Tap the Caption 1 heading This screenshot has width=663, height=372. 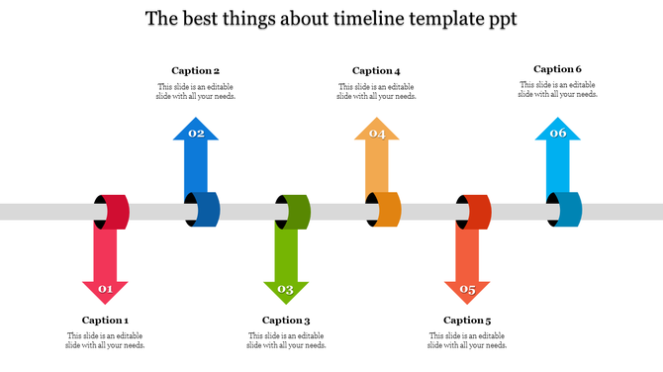105,320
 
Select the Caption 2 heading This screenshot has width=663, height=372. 195,70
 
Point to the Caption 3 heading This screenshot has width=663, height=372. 286,320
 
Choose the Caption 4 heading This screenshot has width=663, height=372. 376,70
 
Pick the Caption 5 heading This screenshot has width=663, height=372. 467,320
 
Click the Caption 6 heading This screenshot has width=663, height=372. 557,69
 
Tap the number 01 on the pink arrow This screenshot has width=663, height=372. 105,290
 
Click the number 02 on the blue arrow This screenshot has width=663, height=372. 196,134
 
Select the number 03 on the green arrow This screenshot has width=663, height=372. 286,290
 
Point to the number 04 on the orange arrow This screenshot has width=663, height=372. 377,134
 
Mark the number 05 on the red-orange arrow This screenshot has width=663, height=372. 467,290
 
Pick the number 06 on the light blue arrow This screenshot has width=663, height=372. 558,134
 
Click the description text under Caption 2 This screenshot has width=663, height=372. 196,91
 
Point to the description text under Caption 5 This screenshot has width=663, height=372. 467,340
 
